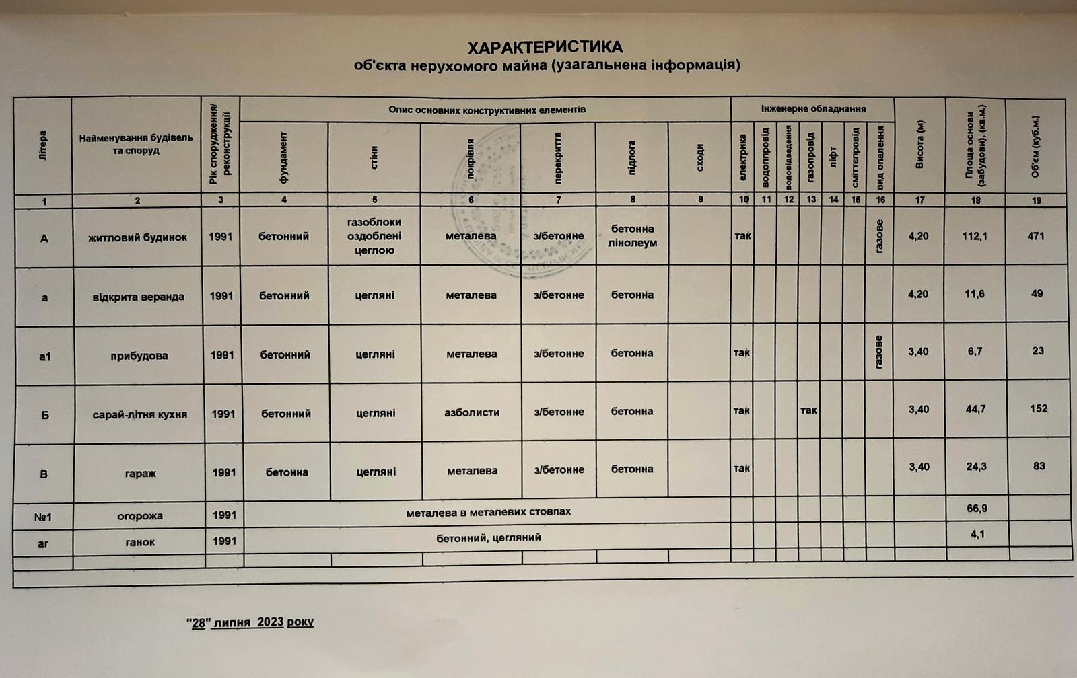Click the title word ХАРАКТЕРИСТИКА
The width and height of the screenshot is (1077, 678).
pyautogui.click(x=545, y=48)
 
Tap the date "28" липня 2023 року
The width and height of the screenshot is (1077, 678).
pyautogui.click(x=250, y=622)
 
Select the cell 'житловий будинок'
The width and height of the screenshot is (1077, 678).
pyautogui.click(x=137, y=237)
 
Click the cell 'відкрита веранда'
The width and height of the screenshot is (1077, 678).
pyautogui.click(x=138, y=297)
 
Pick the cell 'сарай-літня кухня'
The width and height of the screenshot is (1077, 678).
pyautogui.click(x=139, y=414)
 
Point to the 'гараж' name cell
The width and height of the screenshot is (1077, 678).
pyautogui.click(x=140, y=473)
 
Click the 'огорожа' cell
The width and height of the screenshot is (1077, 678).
pyautogui.click(x=139, y=516)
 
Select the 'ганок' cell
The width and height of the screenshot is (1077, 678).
pyautogui.click(x=140, y=542)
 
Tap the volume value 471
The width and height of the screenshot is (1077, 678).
pyautogui.click(x=1035, y=236)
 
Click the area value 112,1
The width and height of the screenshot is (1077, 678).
pyautogui.click(x=975, y=236)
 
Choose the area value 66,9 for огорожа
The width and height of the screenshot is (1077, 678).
pyautogui.click(x=977, y=509)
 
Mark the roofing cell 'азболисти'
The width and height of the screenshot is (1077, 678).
pyautogui.click(x=472, y=412)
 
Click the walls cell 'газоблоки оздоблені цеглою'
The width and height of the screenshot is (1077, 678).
pyautogui.click(x=374, y=236)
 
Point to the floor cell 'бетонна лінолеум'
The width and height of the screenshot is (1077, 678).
pyautogui.click(x=632, y=236)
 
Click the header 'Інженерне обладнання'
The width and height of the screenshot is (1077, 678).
pyautogui.click(x=813, y=109)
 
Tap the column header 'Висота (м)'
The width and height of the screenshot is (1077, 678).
pyautogui.click(x=919, y=145)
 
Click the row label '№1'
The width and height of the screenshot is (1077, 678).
pyautogui.click(x=43, y=517)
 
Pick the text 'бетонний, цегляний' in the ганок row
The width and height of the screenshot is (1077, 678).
pyautogui.click(x=488, y=538)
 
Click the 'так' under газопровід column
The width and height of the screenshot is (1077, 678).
pyautogui.click(x=808, y=410)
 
